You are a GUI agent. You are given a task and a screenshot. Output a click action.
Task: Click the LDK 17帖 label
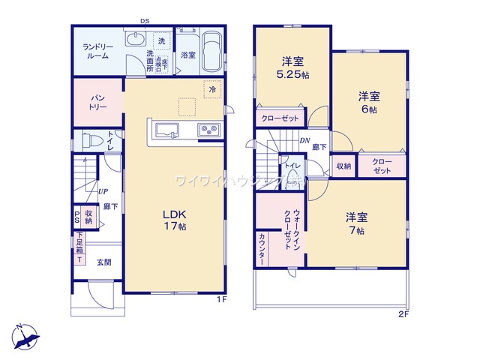coord(175,220)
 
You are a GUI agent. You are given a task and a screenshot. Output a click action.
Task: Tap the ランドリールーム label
coord(97,50)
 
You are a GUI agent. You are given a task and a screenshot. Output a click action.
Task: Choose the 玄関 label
coord(103,262)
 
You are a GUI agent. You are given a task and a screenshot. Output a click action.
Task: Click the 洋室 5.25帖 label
coord(292,68)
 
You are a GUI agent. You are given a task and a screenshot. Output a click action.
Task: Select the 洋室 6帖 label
coord(367,102)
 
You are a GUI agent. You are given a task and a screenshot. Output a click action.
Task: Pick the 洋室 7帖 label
coord(355,223)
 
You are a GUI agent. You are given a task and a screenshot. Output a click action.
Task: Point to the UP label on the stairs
coord(100,190)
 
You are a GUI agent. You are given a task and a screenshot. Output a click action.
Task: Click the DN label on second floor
coord(306,140)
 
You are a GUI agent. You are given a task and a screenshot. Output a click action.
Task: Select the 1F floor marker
coord(221,300)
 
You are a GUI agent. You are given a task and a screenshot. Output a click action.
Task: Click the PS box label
coord(76,216)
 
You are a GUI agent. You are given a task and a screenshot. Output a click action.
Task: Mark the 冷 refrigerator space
coord(213,89)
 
